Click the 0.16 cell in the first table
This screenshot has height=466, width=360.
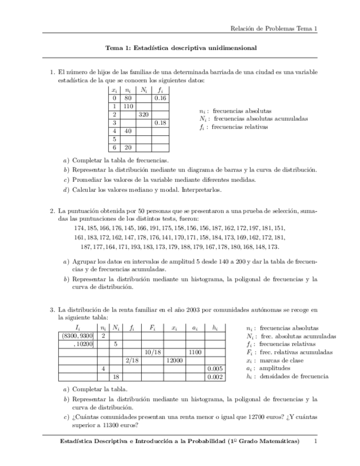coord(160,98)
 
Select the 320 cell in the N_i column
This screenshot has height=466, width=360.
coord(143,114)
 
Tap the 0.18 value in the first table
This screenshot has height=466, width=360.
coord(160,123)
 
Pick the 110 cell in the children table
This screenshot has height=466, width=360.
coord(129,106)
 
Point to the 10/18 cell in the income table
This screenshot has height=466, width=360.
coord(152,352)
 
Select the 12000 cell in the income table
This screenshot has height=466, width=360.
coord(174,360)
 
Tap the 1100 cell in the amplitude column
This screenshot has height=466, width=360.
coord(195,352)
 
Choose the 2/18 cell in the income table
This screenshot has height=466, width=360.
coord(132,360)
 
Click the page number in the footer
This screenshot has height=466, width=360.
coord(315,441)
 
